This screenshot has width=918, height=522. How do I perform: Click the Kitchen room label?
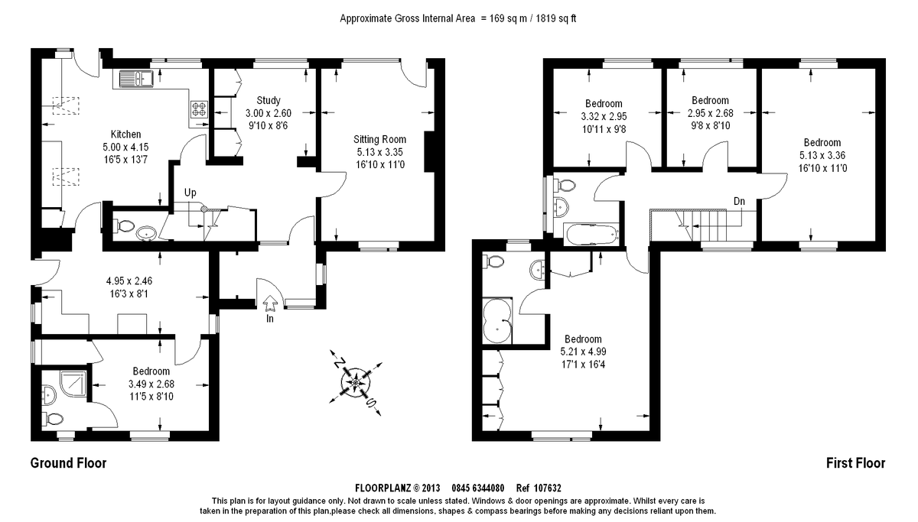pyautogui.click(x=125, y=135)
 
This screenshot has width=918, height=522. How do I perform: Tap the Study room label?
pyautogui.click(x=269, y=100)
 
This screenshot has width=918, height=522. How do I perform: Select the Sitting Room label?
pyautogui.click(x=380, y=139)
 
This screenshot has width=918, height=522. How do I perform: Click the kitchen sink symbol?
pyautogui.click(x=136, y=79)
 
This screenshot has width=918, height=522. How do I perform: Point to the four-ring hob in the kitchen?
pyautogui.click(x=199, y=109)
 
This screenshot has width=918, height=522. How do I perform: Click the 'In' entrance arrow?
pyautogui.click(x=270, y=303)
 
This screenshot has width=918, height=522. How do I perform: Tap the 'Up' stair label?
pyautogui.click(x=190, y=193)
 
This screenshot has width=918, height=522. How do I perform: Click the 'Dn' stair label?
pyautogui.click(x=739, y=201)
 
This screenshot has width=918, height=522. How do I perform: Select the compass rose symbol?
pyautogui.click(x=356, y=383)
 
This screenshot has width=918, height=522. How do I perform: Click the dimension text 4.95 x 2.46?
pyautogui.click(x=129, y=280)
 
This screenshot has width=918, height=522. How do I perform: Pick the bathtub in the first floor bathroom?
pyautogui.click(x=591, y=234)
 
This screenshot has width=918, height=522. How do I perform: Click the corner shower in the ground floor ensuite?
pyautogui.click(x=73, y=384)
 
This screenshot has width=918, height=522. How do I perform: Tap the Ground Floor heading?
pyautogui.click(x=68, y=463)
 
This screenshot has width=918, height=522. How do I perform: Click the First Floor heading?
pyautogui.click(x=856, y=463)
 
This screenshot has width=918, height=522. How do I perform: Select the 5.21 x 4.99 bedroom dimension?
pyautogui.click(x=583, y=352)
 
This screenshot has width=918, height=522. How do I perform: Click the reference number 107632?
pyautogui.click(x=547, y=488)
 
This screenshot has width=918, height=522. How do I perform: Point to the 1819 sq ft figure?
pyautogui.click(x=555, y=18)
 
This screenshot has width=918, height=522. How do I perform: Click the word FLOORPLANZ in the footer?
pyautogui.click(x=382, y=488)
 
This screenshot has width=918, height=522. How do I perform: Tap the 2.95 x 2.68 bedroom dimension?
pyautogui.click(x=710, y=113)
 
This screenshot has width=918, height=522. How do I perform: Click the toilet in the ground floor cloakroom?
pyautogui.click(x=125, y=225)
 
